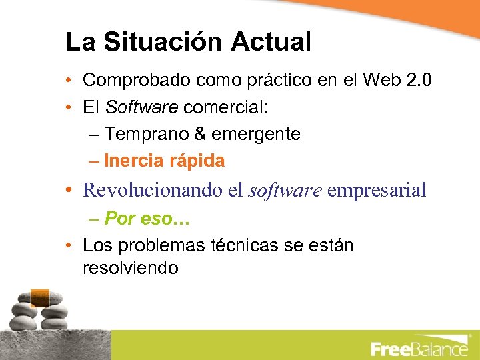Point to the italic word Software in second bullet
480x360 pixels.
[141, 107]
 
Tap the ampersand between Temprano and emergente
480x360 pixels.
[201, 134]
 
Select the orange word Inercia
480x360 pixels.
[133, 161]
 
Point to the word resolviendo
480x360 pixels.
[130, 268]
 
